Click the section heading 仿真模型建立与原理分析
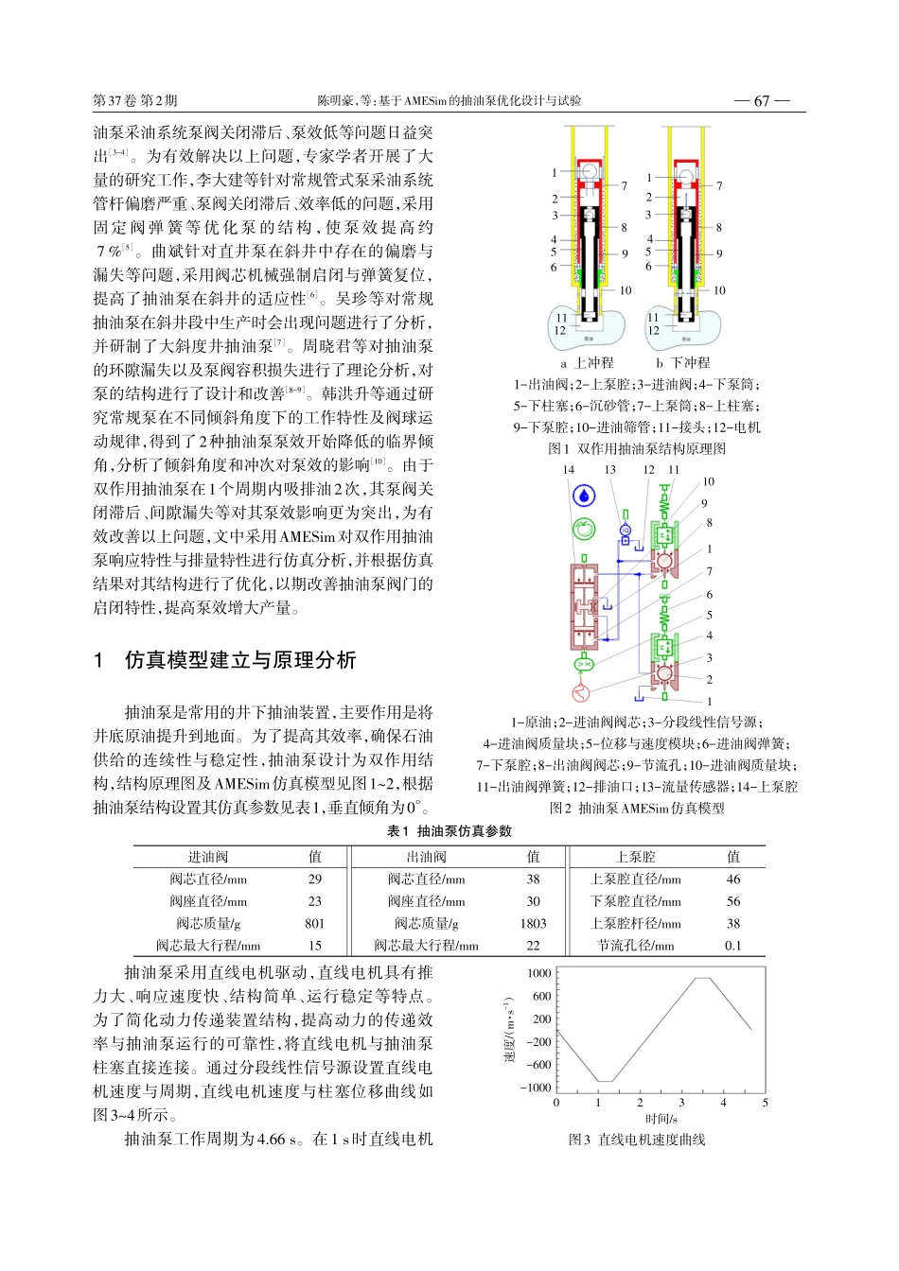click(x=240, y=660)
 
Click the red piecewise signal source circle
click(x=582, y=694)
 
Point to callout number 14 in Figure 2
click(x=568, y=469)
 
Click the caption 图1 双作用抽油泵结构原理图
click(x=637, y=449)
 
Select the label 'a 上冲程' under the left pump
click(x=587, y=363)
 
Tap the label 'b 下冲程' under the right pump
click(x=682, y=363)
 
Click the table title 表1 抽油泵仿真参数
click(x=449, y=831)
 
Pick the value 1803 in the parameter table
click(x=533, y=924)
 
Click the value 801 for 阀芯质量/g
click(x=315, y=924)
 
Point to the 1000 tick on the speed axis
click(x=539, y=973)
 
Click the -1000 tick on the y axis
click(x=537, y=1088)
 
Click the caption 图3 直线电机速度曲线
click(x=637, y=1140)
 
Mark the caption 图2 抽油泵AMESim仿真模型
click(x=637, y=809)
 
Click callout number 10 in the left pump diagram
click(x=625, y=290)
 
